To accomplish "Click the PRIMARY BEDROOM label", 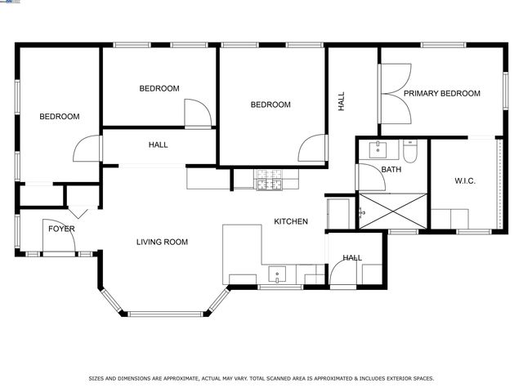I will (441, 94).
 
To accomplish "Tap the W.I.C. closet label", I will (465, 180).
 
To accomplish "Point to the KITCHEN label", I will (290, 221).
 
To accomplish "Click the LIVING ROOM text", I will (162, 242).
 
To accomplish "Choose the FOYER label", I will (61, 229).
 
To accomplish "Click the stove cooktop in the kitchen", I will (268, 180).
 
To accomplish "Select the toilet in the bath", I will (411, 150).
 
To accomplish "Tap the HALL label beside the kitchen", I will (352, 258).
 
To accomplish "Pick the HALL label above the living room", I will (159, 145).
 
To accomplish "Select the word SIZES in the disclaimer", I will (97, 378).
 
